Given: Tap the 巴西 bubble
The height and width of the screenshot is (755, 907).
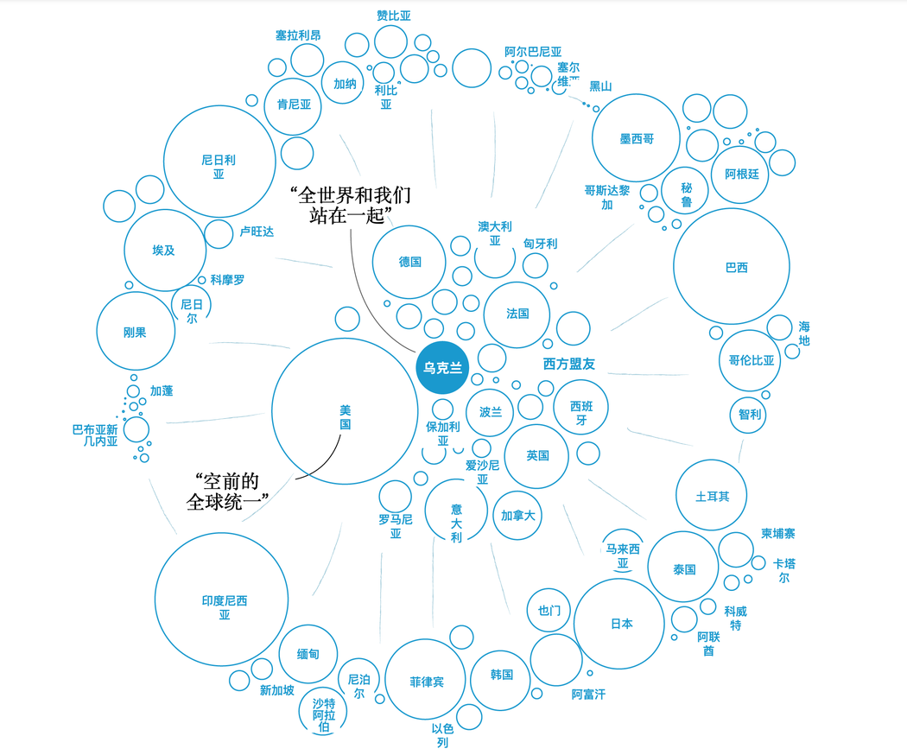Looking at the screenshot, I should tap(732, 267).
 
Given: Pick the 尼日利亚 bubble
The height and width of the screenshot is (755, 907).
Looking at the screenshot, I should tap(219, 162).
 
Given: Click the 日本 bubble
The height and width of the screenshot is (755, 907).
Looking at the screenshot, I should tap(619, 624).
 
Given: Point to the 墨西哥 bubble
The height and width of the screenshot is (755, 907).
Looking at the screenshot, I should tap(637, 138).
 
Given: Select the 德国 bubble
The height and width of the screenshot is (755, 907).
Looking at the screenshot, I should tap(409, 262).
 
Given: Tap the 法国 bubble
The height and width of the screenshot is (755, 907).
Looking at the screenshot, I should tap(517, 314).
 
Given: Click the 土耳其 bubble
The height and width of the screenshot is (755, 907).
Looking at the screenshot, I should tap(711, 496).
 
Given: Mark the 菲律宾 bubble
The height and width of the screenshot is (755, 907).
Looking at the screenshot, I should tap(426, 681).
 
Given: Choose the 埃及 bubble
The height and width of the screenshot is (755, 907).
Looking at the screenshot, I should tap(165, 251).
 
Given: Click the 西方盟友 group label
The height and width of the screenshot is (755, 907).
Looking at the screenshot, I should tap(569, 365).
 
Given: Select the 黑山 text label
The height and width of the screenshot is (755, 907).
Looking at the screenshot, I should tap(600, 86).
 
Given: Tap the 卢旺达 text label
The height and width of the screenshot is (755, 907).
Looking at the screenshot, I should tap(257, 232).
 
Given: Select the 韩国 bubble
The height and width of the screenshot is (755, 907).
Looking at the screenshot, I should tap(502, 675).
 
